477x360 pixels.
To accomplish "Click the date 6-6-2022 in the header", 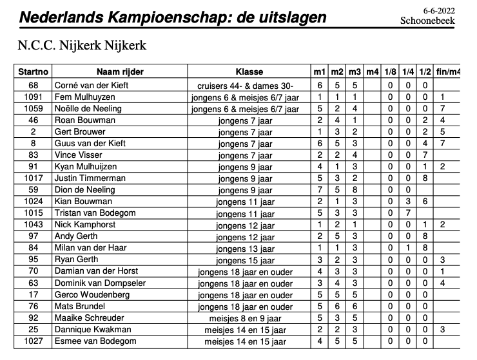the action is pos(439,10).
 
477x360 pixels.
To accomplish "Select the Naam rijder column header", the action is pos(119,71).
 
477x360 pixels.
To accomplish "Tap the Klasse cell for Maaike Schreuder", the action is pos(245,318).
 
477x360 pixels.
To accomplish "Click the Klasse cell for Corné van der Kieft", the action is pos(245,86).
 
